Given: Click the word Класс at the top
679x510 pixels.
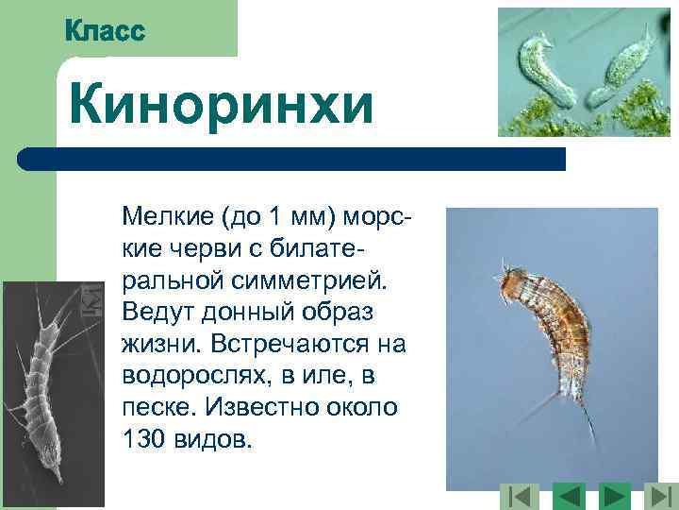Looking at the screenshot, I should (106, 31).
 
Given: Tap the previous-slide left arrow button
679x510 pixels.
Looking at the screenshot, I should (569, 495).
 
